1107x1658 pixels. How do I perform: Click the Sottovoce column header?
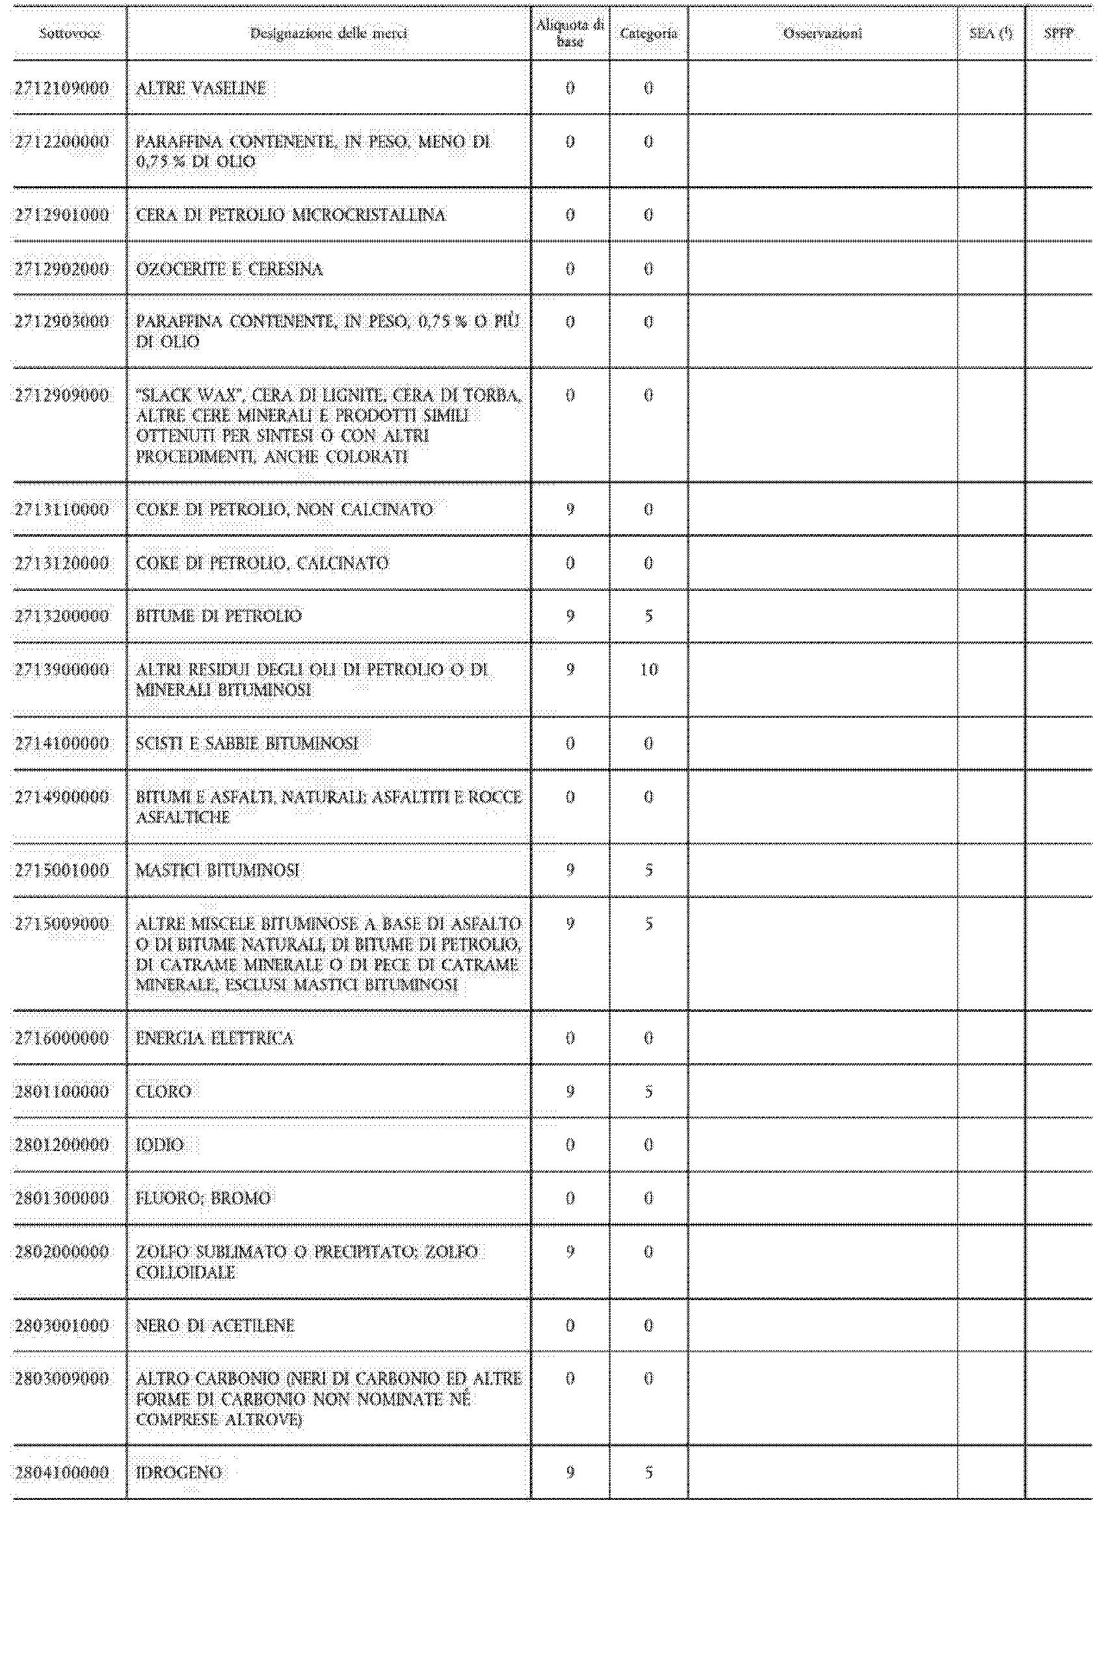[x=69, y=33]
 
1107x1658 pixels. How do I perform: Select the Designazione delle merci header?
[x=328, y=33]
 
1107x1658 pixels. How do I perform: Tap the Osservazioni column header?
[x=823, y=33]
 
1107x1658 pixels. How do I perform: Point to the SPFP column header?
[x=1058, y=33]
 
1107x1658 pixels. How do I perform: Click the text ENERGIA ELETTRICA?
[x=214, y=1038]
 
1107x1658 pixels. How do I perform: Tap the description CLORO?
[x=163, y=1092]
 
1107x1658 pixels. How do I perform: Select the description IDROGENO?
[x=179, y=1473]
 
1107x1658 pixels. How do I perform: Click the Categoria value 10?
[x=648, y=670]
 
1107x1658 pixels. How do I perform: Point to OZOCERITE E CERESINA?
[x=229, y=269]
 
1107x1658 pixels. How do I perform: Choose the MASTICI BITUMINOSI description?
[x=217, y=870]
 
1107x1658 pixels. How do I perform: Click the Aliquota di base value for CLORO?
[x=570, y=1092]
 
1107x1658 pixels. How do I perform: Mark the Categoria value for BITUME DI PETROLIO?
[x=648, y=616]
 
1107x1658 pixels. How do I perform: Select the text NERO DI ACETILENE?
[x=215, y=1325]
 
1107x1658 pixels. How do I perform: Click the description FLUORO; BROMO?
[x=203, y=1199]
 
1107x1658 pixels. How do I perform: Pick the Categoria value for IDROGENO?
[x=648, y=1473]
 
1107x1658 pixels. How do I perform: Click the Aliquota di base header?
[x=570, y=33]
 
